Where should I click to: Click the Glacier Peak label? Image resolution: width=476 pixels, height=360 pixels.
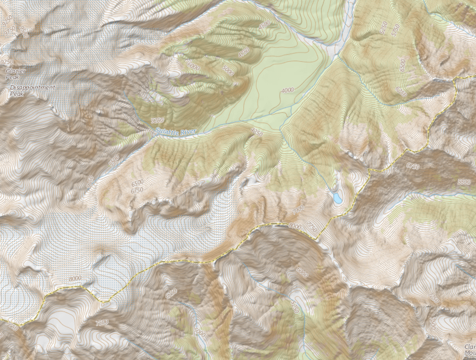click(16, 73)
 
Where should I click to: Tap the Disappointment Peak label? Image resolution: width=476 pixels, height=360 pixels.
click(33, 90)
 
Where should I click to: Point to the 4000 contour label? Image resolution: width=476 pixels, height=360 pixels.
click(287, 90)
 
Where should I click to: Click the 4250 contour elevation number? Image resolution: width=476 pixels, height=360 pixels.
click(256, 132)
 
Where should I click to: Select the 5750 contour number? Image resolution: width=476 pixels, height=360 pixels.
click(395, 29)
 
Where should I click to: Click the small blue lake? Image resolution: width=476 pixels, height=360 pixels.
click(337, 198)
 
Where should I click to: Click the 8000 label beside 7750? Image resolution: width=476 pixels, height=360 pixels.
click(294, 225)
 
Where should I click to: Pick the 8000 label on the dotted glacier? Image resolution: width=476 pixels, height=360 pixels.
click(75, 278)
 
